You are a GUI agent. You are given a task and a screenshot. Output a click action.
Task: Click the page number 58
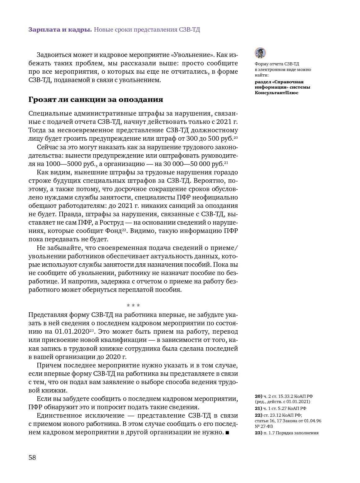(32, 457)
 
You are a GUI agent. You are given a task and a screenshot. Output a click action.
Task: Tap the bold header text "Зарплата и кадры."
(60, 30)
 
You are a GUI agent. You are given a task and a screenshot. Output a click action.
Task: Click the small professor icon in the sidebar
(260, 53)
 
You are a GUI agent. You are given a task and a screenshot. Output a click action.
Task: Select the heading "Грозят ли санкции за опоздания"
(96, 99)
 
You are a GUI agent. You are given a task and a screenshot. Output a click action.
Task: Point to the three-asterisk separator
(133, 306)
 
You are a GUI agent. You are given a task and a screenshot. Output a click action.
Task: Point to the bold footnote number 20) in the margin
(258, 396)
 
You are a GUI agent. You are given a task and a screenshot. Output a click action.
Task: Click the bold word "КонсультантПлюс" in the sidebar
(276, 93)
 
